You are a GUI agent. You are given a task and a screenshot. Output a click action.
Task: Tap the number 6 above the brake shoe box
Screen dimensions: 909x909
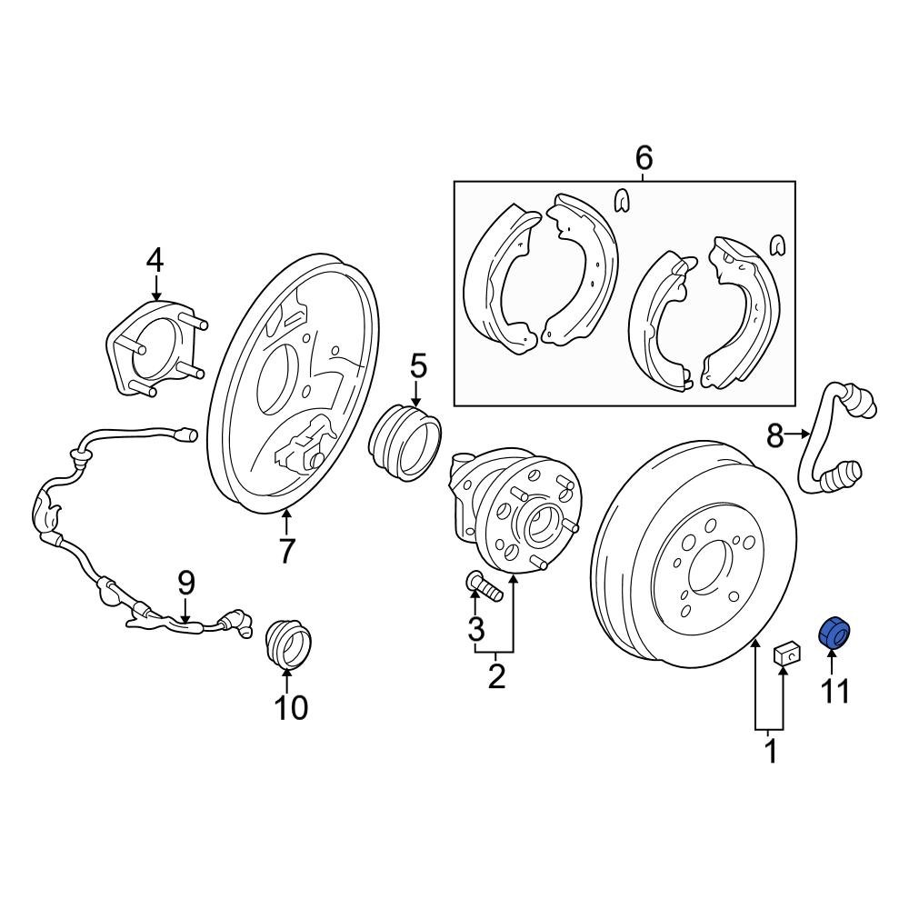[643, 158]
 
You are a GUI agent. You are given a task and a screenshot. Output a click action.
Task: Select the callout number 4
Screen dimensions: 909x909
[155, 261]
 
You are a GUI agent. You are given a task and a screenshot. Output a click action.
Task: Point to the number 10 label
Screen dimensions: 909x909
[291, 707]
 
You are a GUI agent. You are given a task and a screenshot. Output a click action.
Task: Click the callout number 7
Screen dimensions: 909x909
[287, 551]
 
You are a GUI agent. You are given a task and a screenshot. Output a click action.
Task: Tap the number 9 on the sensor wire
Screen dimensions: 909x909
[185, 582]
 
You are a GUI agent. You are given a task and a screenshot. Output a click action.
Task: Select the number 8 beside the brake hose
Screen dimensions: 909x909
[774, 436]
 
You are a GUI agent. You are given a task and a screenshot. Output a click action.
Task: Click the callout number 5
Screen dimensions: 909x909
[417, 367]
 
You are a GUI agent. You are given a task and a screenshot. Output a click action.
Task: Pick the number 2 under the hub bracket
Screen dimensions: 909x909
[496, 676]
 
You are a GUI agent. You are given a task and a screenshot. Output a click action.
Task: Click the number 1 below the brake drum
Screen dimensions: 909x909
[770, 752]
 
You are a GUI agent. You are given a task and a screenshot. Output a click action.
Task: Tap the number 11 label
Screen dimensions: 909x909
[834, 692]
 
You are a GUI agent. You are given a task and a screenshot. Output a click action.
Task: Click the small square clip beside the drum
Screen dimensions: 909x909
[786, 654]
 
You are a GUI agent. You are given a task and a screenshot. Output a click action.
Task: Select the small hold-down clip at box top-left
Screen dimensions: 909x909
[622, 201]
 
